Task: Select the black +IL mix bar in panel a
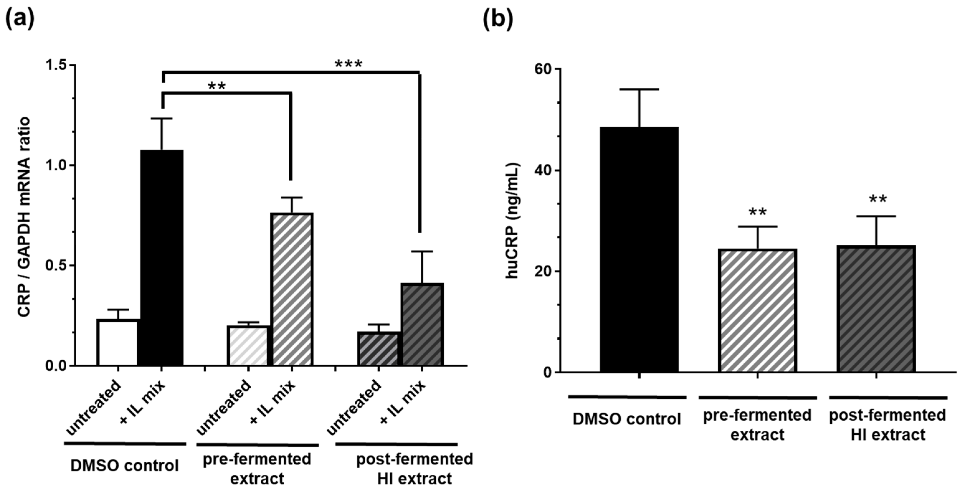coord(162,258)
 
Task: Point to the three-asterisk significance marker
coord(349,64)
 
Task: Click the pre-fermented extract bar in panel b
coord(757,310)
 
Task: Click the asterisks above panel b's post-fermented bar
coord(877,200)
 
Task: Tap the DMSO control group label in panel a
coord(125,466)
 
